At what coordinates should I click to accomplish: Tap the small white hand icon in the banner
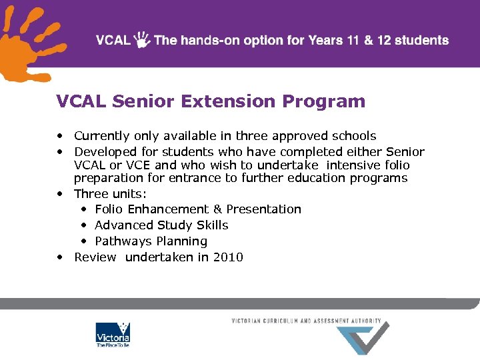142,39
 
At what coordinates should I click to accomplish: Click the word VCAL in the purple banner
113,40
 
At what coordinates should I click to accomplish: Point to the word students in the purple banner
420,40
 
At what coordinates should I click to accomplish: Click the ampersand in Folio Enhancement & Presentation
217,209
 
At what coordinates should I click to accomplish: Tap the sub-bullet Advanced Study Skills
161,225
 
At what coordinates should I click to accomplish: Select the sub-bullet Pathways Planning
151,241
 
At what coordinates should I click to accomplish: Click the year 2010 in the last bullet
228,257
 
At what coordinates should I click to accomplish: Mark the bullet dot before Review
61,257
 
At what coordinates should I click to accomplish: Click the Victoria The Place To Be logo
113,335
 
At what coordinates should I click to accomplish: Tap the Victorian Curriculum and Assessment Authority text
306,321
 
